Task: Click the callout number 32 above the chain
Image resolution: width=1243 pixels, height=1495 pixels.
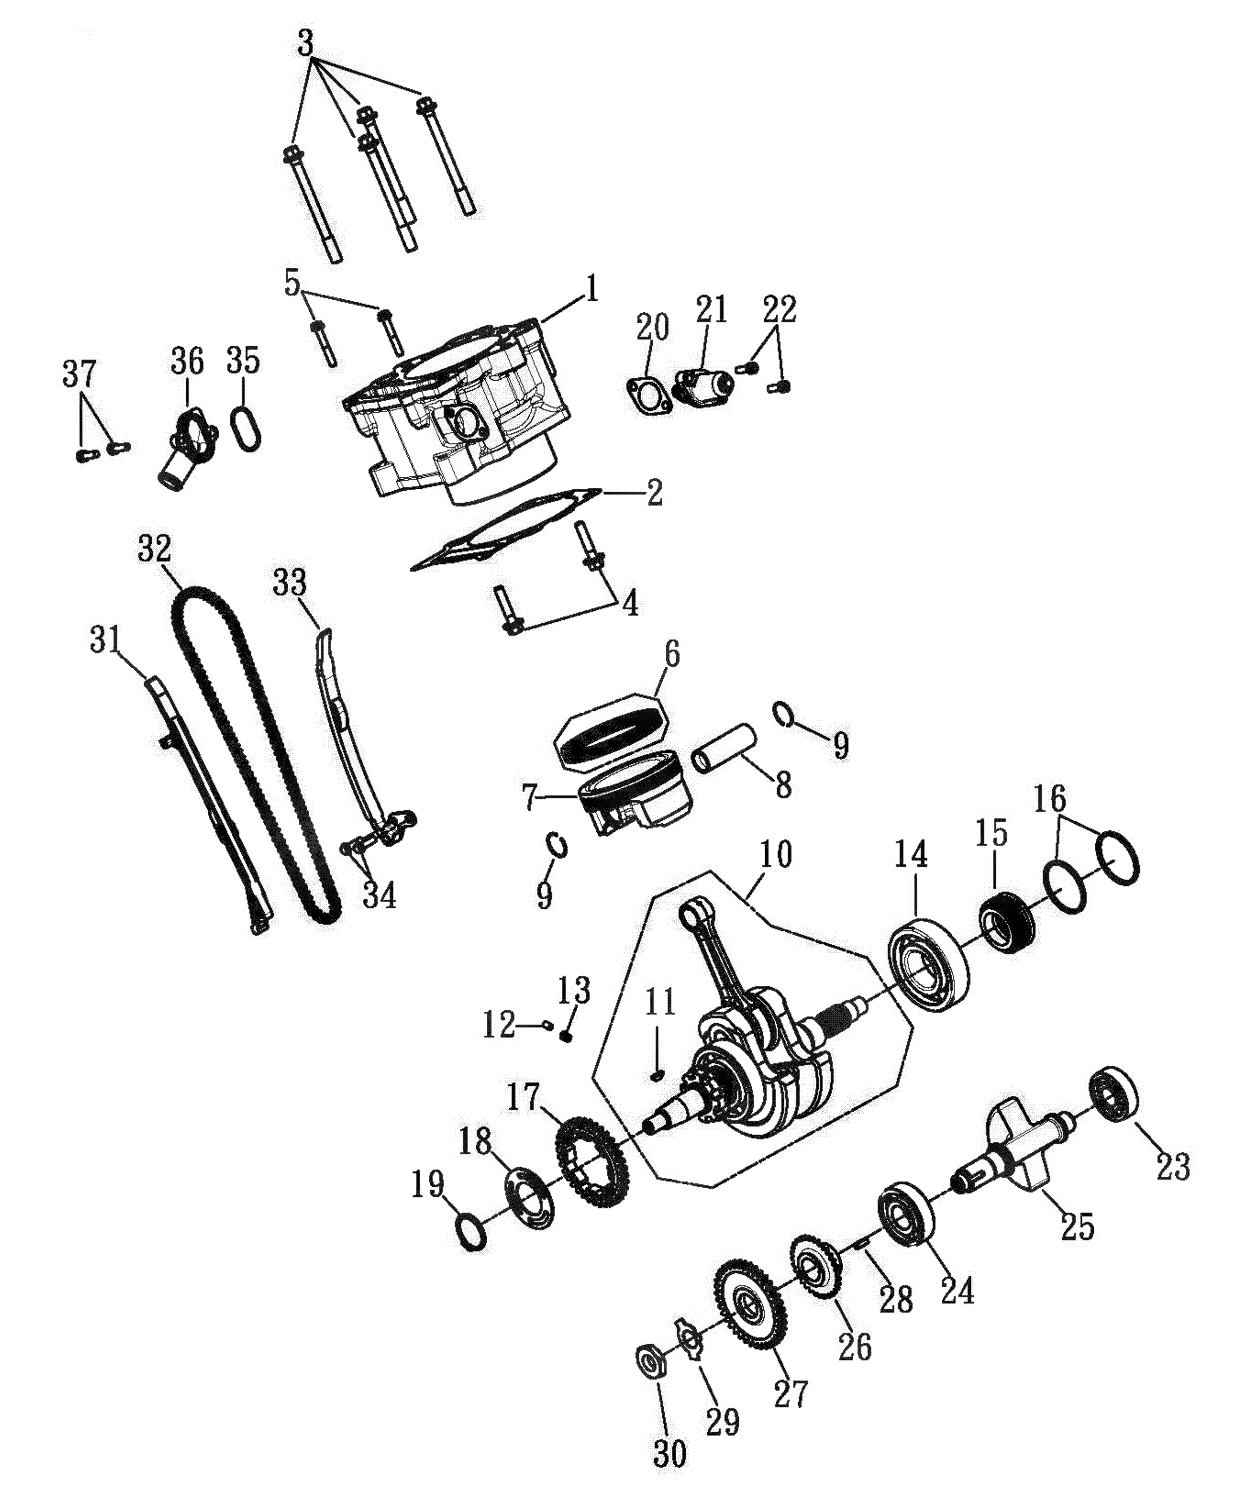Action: tap(155, 550)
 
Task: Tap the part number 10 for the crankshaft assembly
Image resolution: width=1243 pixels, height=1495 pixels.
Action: tap(775, 855)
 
